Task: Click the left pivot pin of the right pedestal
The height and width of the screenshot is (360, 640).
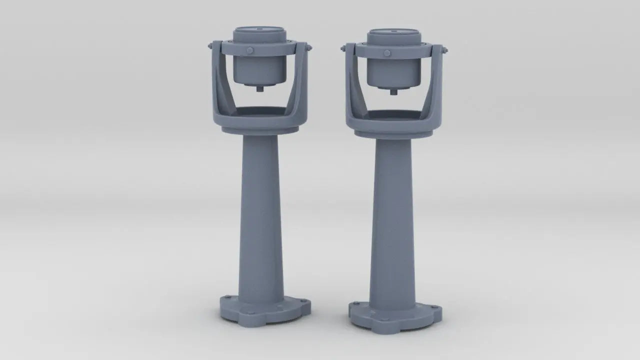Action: point(343,48)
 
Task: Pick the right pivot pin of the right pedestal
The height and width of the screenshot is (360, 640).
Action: point(444,50)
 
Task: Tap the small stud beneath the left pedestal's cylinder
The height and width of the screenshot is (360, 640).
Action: point(260,89)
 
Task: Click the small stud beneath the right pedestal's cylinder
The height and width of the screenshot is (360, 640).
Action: point(393,91)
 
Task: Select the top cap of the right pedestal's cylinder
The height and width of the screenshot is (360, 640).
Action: point(393,32)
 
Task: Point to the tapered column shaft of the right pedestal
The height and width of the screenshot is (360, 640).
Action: point(392,220)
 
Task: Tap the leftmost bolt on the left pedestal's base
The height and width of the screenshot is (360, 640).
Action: point(227,298)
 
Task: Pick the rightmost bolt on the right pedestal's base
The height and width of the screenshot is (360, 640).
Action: point(434,308)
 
